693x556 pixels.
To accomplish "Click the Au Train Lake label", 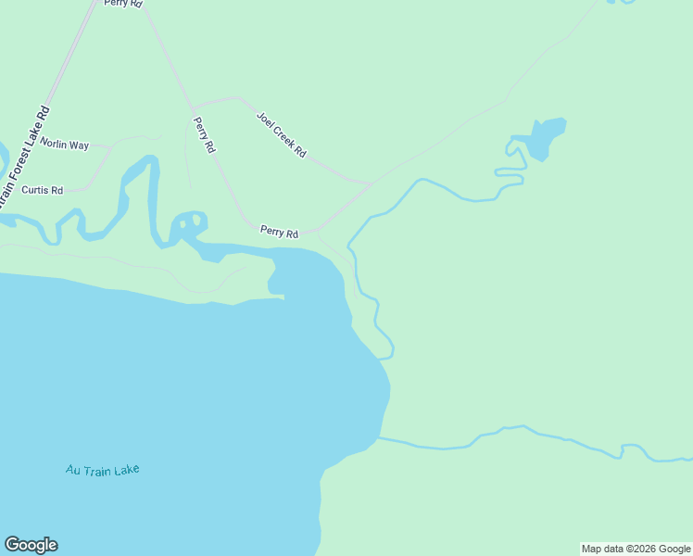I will click(x=102, y=470).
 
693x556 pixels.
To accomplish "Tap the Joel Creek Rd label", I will click(x=281, y=134).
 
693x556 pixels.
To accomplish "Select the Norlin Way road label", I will click(x=64, y=145).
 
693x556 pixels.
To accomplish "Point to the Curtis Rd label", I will click(x=42, y=190).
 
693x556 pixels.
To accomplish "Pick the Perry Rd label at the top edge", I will click(x=123, y=4).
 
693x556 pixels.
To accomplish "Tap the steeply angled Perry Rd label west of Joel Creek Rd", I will click(x=204, y=134).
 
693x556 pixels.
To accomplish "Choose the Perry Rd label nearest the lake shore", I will click(x=279, y=232).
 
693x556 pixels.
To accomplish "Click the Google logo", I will click(x=31, y=545).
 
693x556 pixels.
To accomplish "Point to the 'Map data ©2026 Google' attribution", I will click(x=636, y=549).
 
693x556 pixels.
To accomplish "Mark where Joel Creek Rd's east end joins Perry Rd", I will click(x=370, y=183).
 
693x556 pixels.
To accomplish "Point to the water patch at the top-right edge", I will click(x=622, y=2).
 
